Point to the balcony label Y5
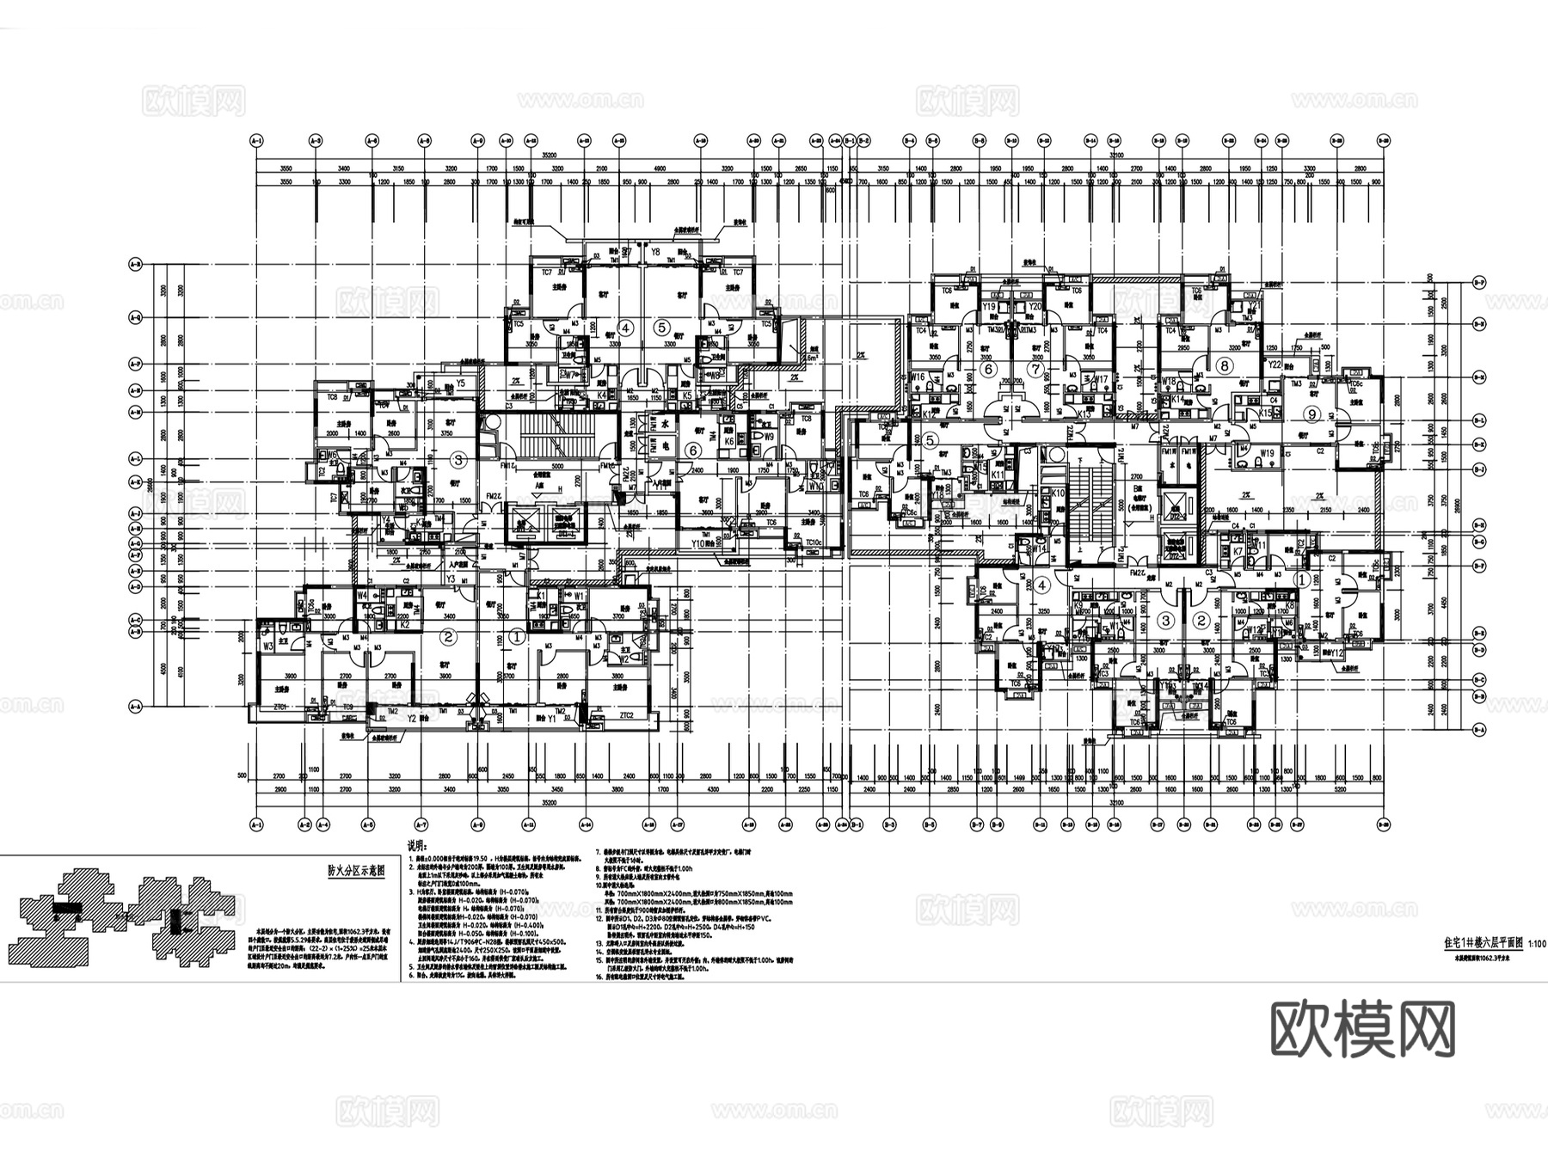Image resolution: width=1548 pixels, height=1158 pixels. pyautogui.click(x=461, y=383)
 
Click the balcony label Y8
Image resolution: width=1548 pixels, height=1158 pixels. pyautogui.click(x=655, y=252)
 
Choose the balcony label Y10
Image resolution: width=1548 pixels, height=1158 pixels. pyautogui.click(x=698, y=543)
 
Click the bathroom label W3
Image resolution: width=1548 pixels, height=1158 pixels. pyautogui.click(x=268, y=646)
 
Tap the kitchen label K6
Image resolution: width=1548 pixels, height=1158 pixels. pyautogui.click(x=728, y=441)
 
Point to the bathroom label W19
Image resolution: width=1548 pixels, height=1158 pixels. pyautogui.click(x=1267, y=452)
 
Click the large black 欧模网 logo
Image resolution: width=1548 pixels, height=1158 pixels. pyautogui.click(x=1363, y=1029)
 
